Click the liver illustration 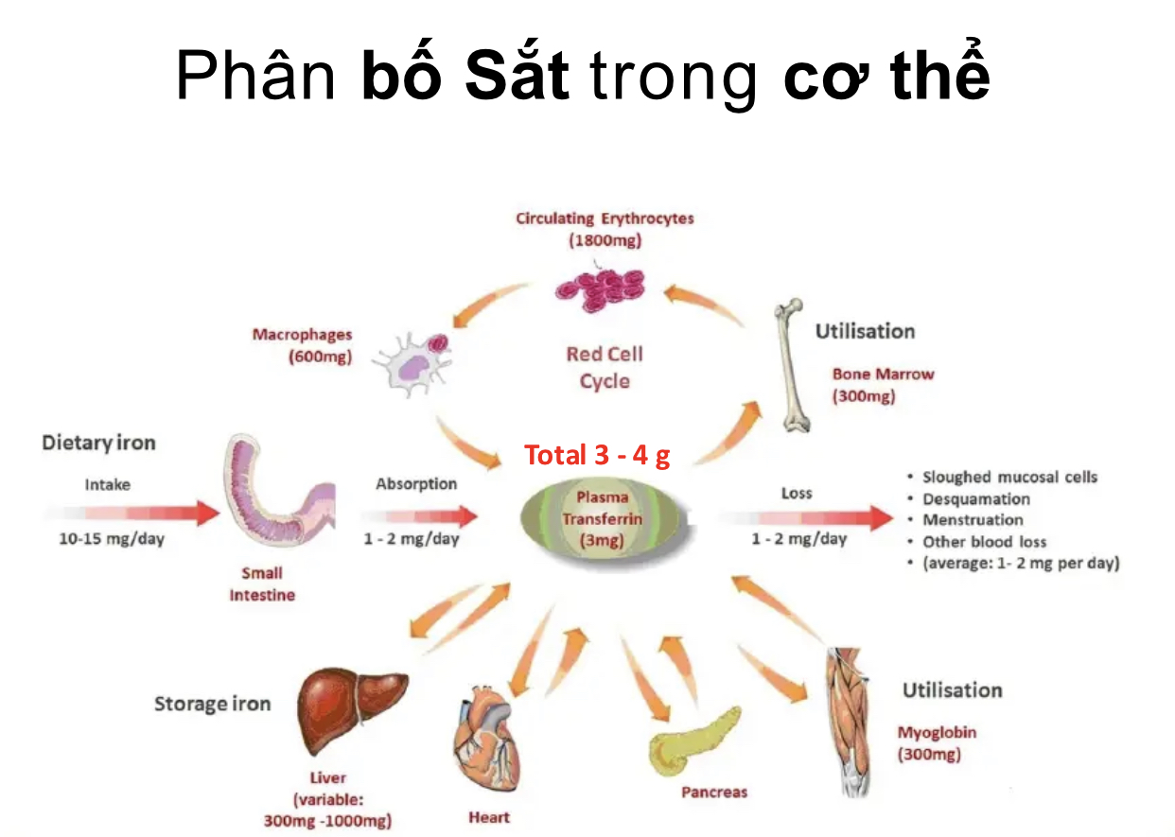[350, 709]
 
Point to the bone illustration [791, 365]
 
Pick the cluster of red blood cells [601, 289]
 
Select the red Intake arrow [132, 513]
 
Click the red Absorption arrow [420, 516]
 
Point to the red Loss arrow [806, 518]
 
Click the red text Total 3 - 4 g [597, 455]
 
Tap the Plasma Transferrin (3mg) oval [604, 519]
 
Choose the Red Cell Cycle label [605, 368]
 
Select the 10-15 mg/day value [112, 538]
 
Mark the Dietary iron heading [98, 444]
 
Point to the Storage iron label [213, 704]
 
